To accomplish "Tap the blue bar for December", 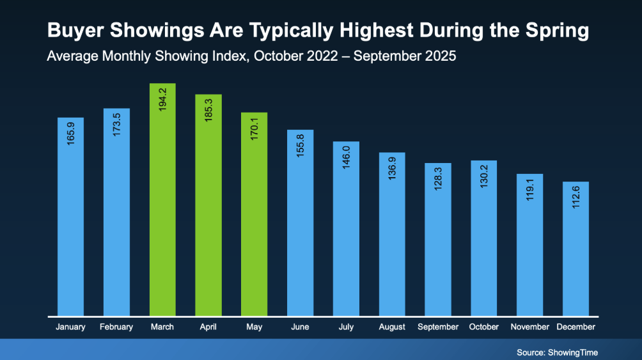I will coord(575,249).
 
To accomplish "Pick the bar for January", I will coord(70,217).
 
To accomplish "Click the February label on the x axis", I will coord(116,327).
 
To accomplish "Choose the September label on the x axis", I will coord(438,327).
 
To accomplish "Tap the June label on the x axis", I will coord(300,327).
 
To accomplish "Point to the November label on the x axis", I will coord(529,327).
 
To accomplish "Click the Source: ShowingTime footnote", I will coord(558,352).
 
